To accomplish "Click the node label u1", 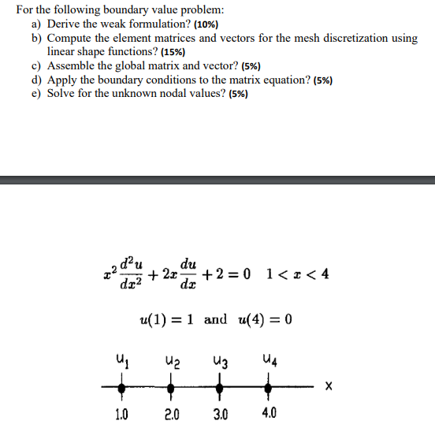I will tap(122, 361).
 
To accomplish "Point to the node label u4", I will tap(270, 361).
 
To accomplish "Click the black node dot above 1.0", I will tap(121, 388).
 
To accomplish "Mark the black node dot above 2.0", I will tap(171, 388).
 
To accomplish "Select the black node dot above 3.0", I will tap(220, 388).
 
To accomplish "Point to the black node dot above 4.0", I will tap(269, 388).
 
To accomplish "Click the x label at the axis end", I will tap(329, 387).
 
